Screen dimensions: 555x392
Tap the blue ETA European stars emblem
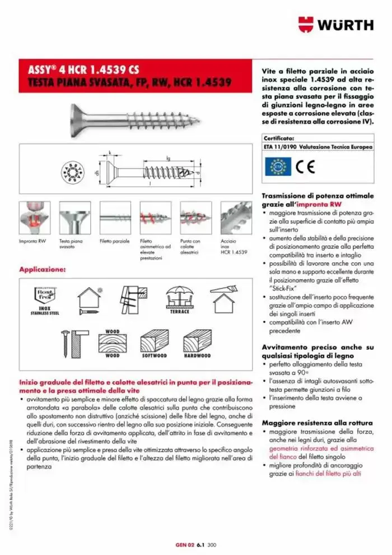278,166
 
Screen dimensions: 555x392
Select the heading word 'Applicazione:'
43,270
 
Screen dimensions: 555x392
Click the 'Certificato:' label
279,137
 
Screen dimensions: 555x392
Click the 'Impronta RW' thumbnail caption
33,241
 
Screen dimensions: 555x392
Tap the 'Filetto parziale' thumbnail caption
114,241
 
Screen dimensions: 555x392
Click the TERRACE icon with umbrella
180,300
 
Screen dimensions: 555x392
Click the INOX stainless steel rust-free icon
44,300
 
